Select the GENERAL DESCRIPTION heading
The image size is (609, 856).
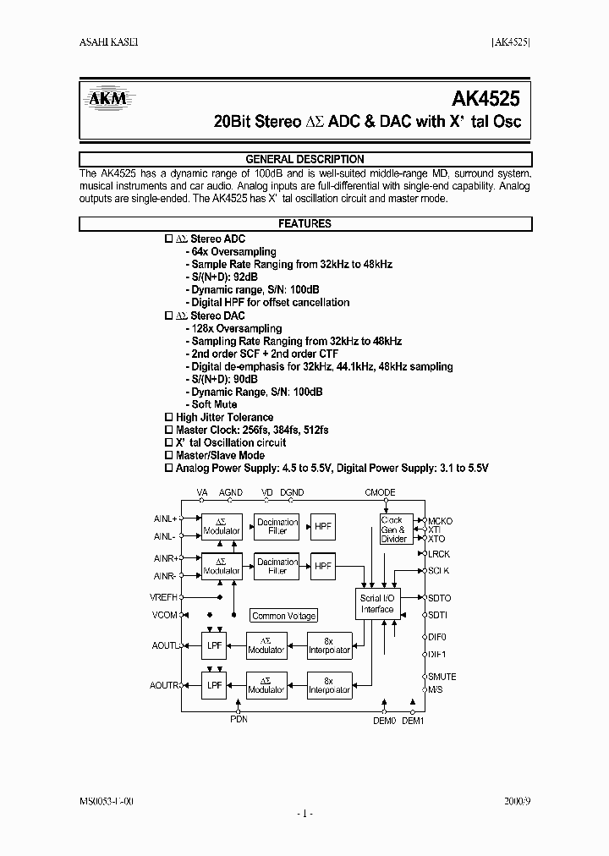click(304, 159)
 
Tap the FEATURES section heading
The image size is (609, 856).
click(304, 224)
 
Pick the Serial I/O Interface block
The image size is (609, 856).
click(376, 604)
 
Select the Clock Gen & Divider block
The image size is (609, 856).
click(395, 529)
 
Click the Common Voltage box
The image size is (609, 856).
click(284, 616)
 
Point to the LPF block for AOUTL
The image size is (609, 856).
click(214, 645)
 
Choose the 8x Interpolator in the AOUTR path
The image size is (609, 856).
click(329, 684)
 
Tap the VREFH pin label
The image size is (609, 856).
click(163, 596)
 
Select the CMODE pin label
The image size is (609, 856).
click(380, 492)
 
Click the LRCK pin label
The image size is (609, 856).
click(439, 554)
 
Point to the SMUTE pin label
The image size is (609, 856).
click(442, 677)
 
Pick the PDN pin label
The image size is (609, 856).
click(239, 720)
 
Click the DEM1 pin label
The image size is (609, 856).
click(413, 721)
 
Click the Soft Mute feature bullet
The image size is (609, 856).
click(212, 404)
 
